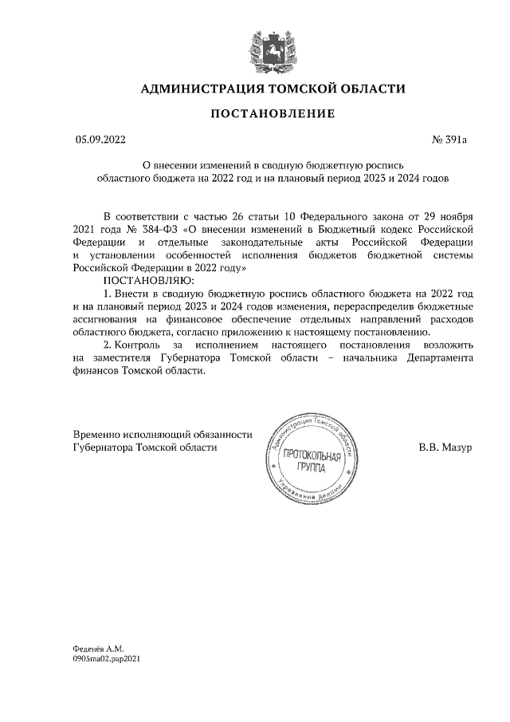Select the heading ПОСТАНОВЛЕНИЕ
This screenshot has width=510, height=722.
pyautogui.click(x=272, y=114)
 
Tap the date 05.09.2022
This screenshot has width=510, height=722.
pyautogui.click(x=100, y=140)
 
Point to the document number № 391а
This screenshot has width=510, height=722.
pyautogui.click(x=449, y=140)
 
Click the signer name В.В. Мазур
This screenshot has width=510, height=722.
pyautogui.click(x=445, y=448)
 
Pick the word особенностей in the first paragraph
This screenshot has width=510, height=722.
pyautogui.click(x=207, y=255)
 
